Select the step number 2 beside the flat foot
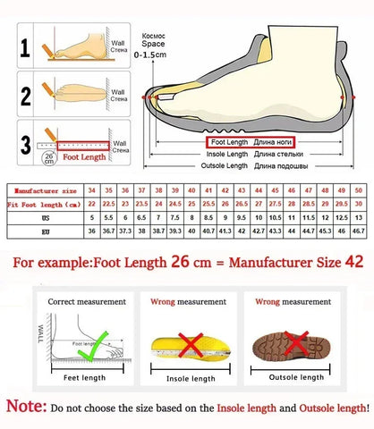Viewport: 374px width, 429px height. pos(27,94)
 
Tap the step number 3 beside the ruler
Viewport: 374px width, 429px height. pos(27,143)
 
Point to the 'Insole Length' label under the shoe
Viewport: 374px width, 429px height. pos(226,154)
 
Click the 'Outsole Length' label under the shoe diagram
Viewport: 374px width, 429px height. pos(225,166)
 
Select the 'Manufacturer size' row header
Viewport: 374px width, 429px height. pos(44,190)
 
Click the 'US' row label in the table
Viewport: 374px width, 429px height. pos(44,217)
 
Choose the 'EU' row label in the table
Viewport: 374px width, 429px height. pos(44,231)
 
